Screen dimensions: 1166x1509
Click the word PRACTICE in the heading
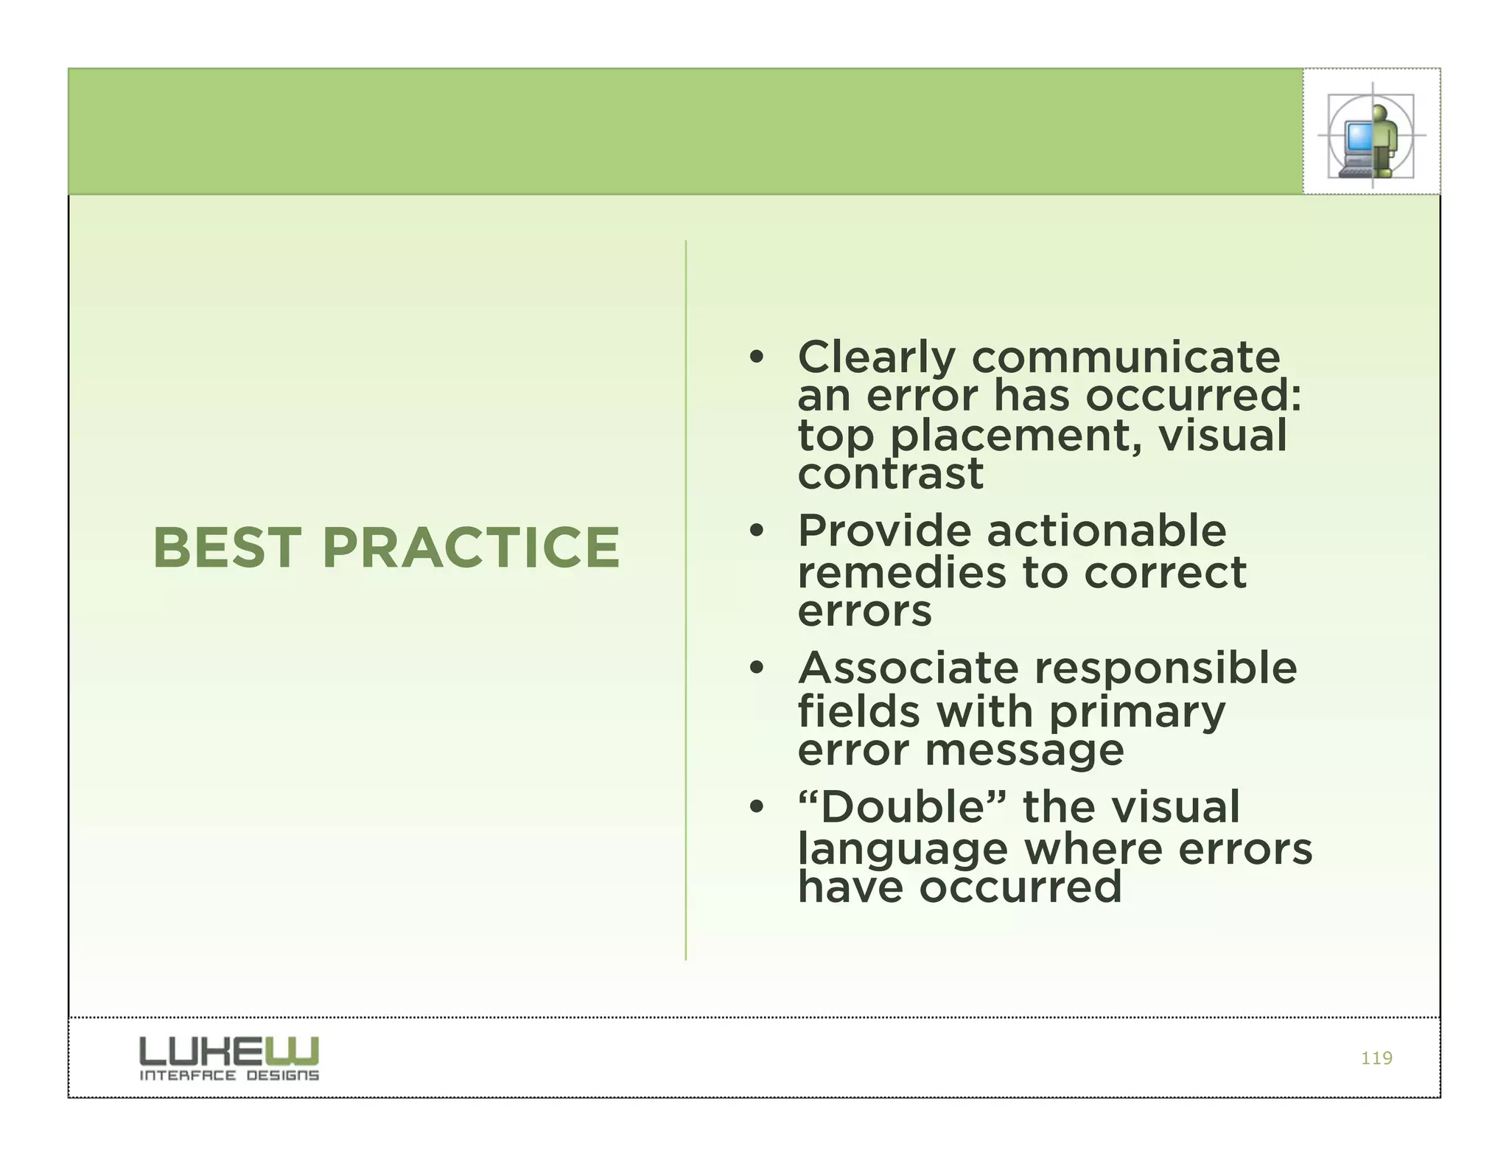472,548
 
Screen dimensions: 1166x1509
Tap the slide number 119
1376,1058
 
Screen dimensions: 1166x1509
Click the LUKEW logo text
229,1050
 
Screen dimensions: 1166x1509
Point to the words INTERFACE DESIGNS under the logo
229,1076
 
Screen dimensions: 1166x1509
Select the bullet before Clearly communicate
756,358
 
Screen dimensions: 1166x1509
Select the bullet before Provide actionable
756,531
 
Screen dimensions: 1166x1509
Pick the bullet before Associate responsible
756,669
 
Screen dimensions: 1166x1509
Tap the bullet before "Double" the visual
756,808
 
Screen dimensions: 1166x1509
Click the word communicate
1126,358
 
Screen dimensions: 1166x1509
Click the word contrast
890,474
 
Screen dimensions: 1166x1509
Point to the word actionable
1106,531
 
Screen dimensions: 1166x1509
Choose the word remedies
901,573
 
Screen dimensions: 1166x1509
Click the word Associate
908,669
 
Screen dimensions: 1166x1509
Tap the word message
1024,750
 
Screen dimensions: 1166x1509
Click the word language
903,850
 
